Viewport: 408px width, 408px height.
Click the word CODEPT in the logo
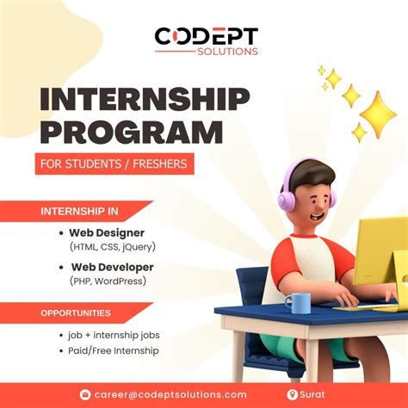[206, 37]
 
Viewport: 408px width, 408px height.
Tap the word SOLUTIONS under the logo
[226, 52]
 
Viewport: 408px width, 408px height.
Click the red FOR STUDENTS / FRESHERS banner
[114, 163]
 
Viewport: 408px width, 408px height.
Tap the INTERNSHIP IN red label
[83, 212]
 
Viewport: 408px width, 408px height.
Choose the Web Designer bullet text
[108, 232]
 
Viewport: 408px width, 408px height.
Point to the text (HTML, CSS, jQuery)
[113, 247]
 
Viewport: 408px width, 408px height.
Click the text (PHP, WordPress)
[108, 281]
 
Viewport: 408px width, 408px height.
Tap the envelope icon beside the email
[85, 394]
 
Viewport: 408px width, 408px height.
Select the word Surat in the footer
[314, 394]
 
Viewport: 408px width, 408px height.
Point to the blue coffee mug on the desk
[297, 302]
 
